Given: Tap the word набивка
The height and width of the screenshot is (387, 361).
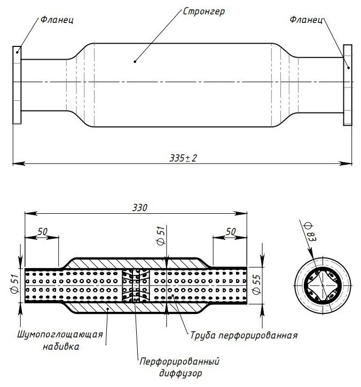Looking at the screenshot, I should (61, 346).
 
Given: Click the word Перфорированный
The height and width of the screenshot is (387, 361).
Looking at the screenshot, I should (179, 361).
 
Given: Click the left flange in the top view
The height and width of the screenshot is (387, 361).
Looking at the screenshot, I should (17, 85).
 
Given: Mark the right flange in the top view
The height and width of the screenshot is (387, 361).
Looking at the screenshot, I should (348, 85).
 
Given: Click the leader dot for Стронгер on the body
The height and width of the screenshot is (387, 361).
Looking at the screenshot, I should (135, 62).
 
